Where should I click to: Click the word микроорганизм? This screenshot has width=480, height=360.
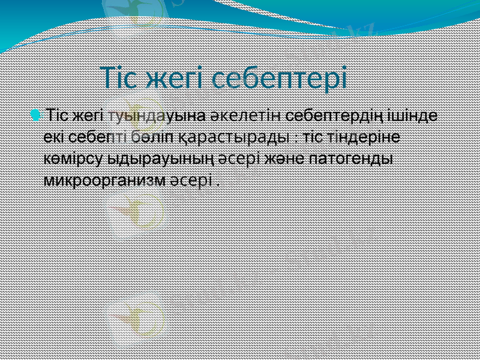(x=104, y=181)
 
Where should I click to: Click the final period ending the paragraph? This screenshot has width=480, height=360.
(x=217, y=184)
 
